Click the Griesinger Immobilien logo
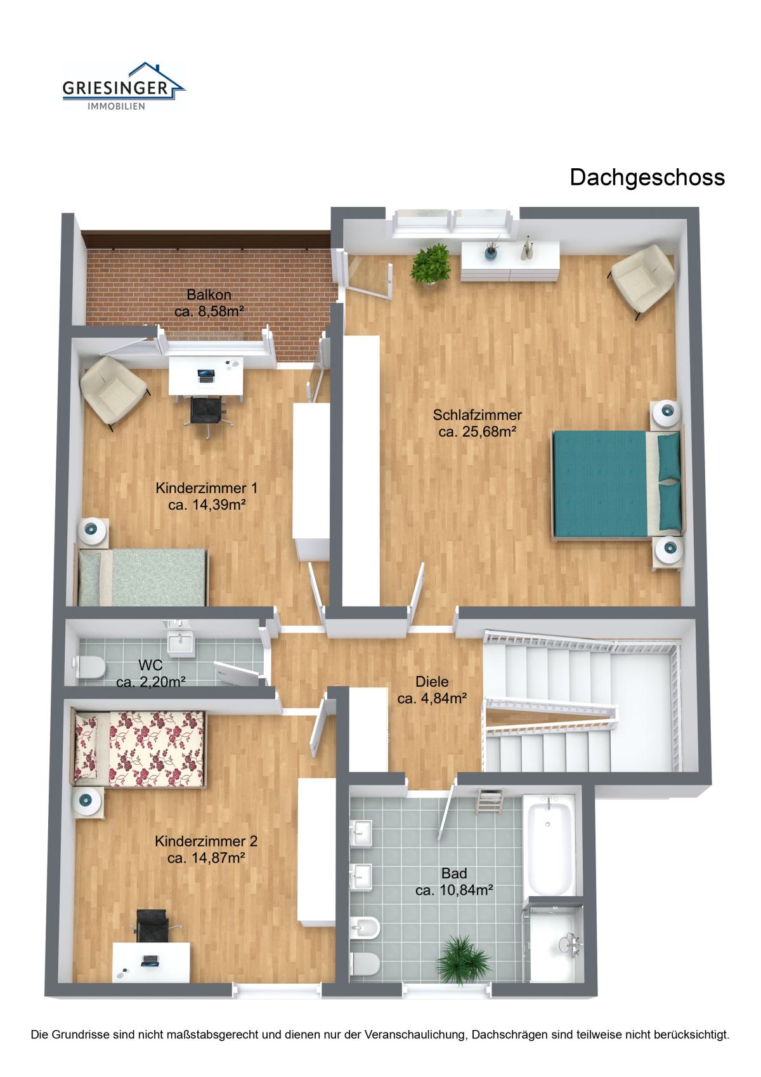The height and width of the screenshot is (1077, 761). (x=124, y=86)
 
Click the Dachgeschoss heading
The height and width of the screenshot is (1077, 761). (x=647, y=178)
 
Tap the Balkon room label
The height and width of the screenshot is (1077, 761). (x=209, y=294)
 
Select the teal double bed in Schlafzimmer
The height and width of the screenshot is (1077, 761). (x=618, y=485)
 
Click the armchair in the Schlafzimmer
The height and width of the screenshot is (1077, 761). (x=642, y=281)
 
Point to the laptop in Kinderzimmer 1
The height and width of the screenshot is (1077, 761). (x=206, y=376)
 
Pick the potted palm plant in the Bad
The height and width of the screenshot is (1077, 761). (x=463, y=961)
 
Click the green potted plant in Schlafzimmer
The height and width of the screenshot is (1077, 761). (x=431, y=264)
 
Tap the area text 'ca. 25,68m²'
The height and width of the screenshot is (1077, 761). (x=477, y=432)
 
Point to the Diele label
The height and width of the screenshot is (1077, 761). (x=432, y=682)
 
